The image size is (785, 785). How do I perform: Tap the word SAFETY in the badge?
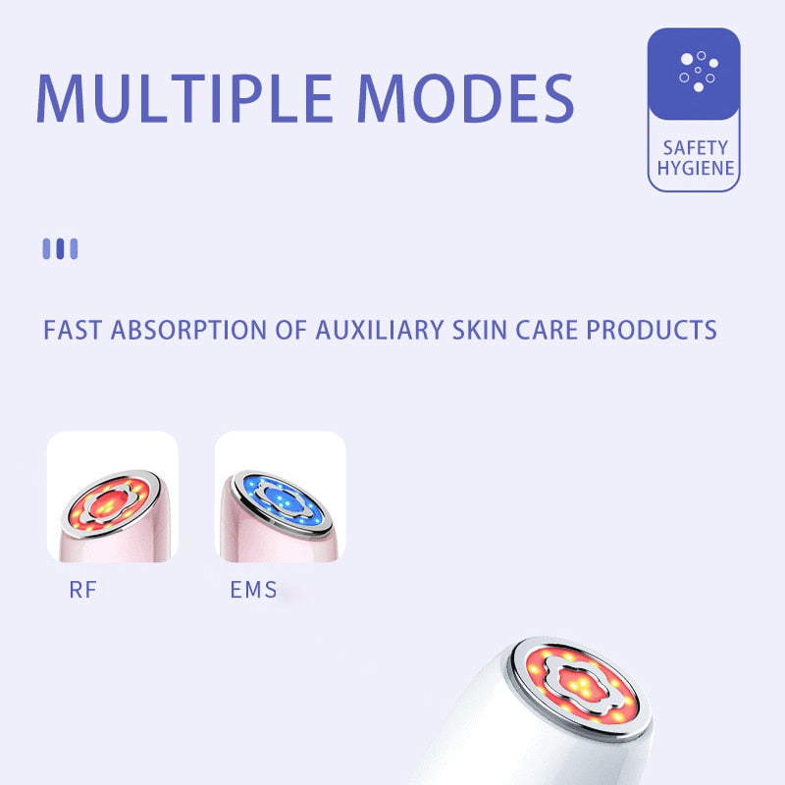click(x=695, y=147)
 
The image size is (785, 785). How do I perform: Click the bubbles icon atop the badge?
click(x=695, y=72)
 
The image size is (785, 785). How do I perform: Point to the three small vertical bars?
click(x=60, y=248)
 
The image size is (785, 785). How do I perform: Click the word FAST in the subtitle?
click(x=73, y=329)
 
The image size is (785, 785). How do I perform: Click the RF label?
click(x=83, y=591)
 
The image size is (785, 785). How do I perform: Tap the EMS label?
click(x=253, y=591)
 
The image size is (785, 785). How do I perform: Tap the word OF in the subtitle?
click(x=290, y=329)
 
